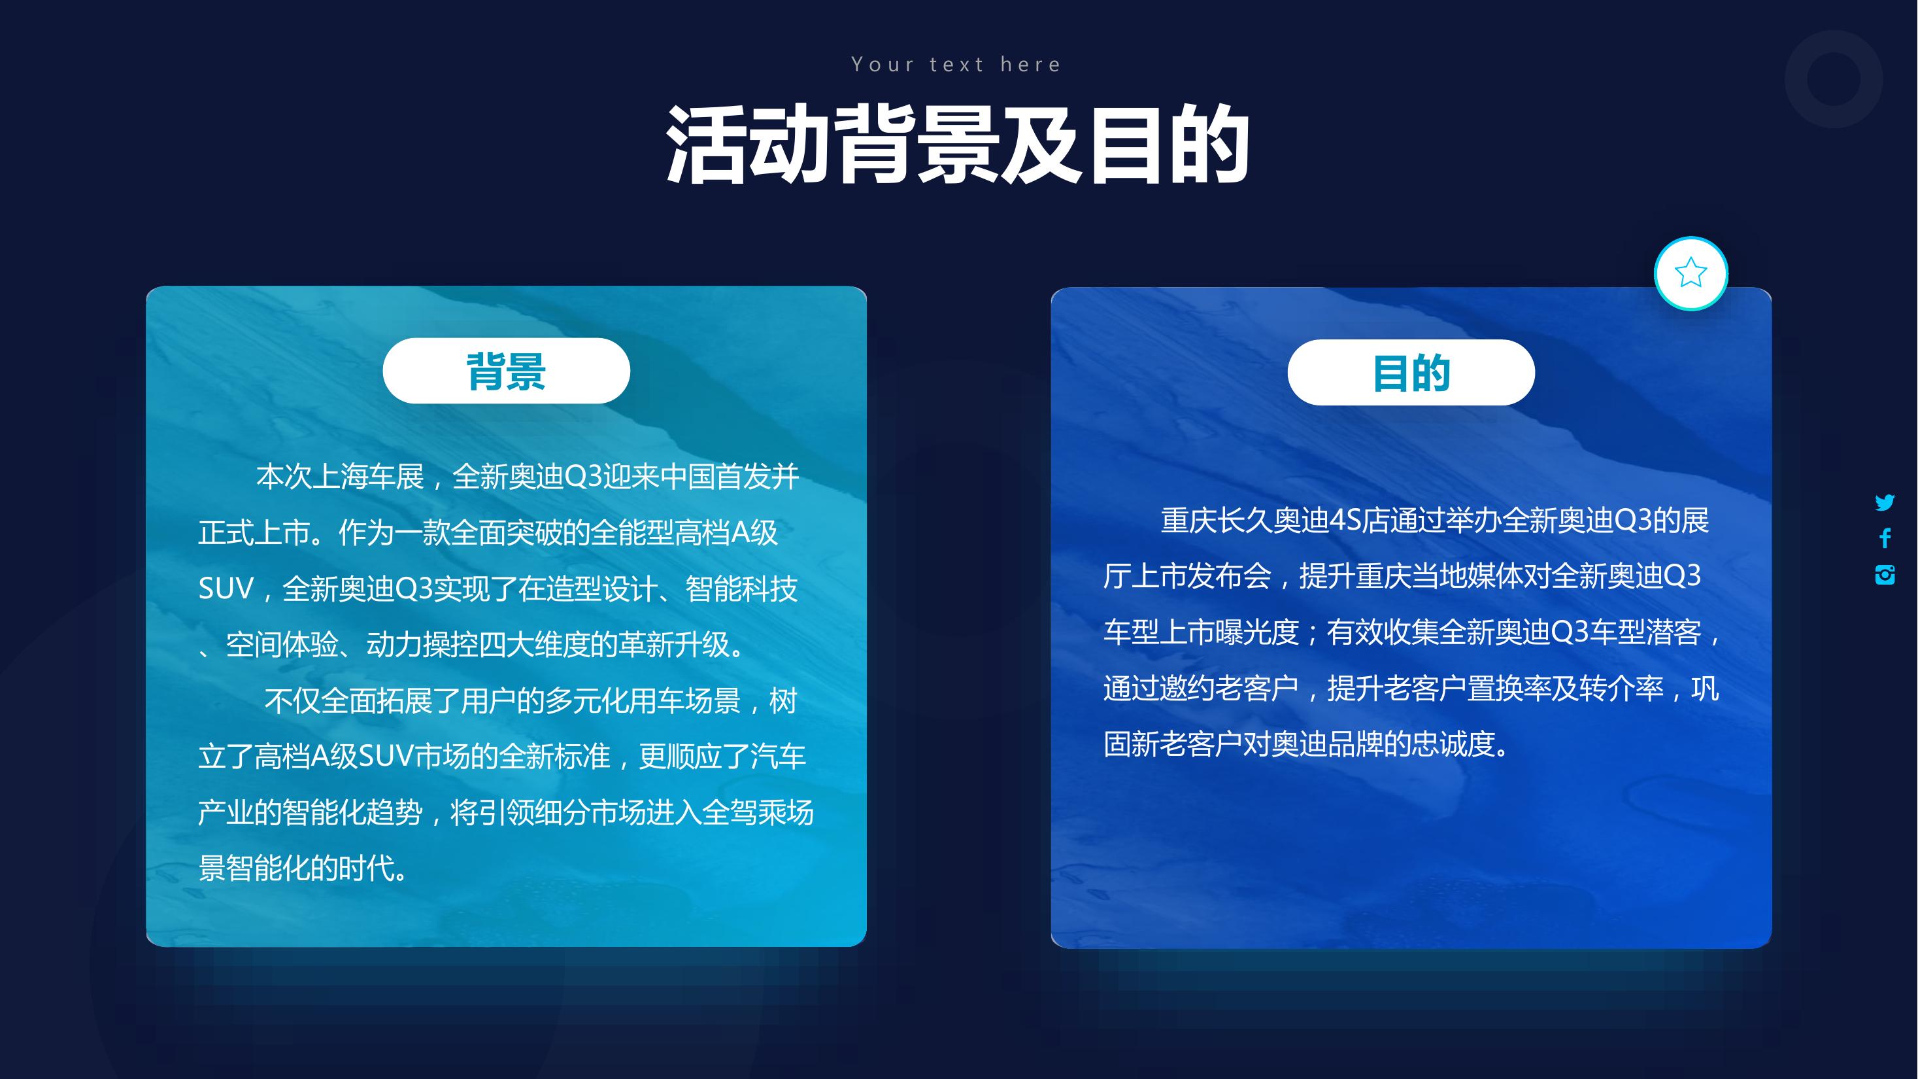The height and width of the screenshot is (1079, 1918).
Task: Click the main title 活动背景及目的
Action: (958, 145)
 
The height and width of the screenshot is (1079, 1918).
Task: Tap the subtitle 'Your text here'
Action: (957, 65)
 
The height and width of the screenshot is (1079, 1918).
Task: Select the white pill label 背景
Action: (507, 371)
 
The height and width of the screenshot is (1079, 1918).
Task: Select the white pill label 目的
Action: (1411, 372)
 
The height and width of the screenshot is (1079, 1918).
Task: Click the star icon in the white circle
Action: (1691, 273)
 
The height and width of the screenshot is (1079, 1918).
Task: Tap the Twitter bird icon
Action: (1885, 503)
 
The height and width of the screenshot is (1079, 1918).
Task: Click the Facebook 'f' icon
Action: (1885, 538)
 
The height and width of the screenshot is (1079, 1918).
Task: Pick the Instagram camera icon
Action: (1885, 574)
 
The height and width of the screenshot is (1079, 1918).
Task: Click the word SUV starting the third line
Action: (226, 589)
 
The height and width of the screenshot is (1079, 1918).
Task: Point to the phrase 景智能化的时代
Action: (296, 868)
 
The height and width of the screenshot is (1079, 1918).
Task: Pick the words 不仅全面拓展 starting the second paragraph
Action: (348, 701)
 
